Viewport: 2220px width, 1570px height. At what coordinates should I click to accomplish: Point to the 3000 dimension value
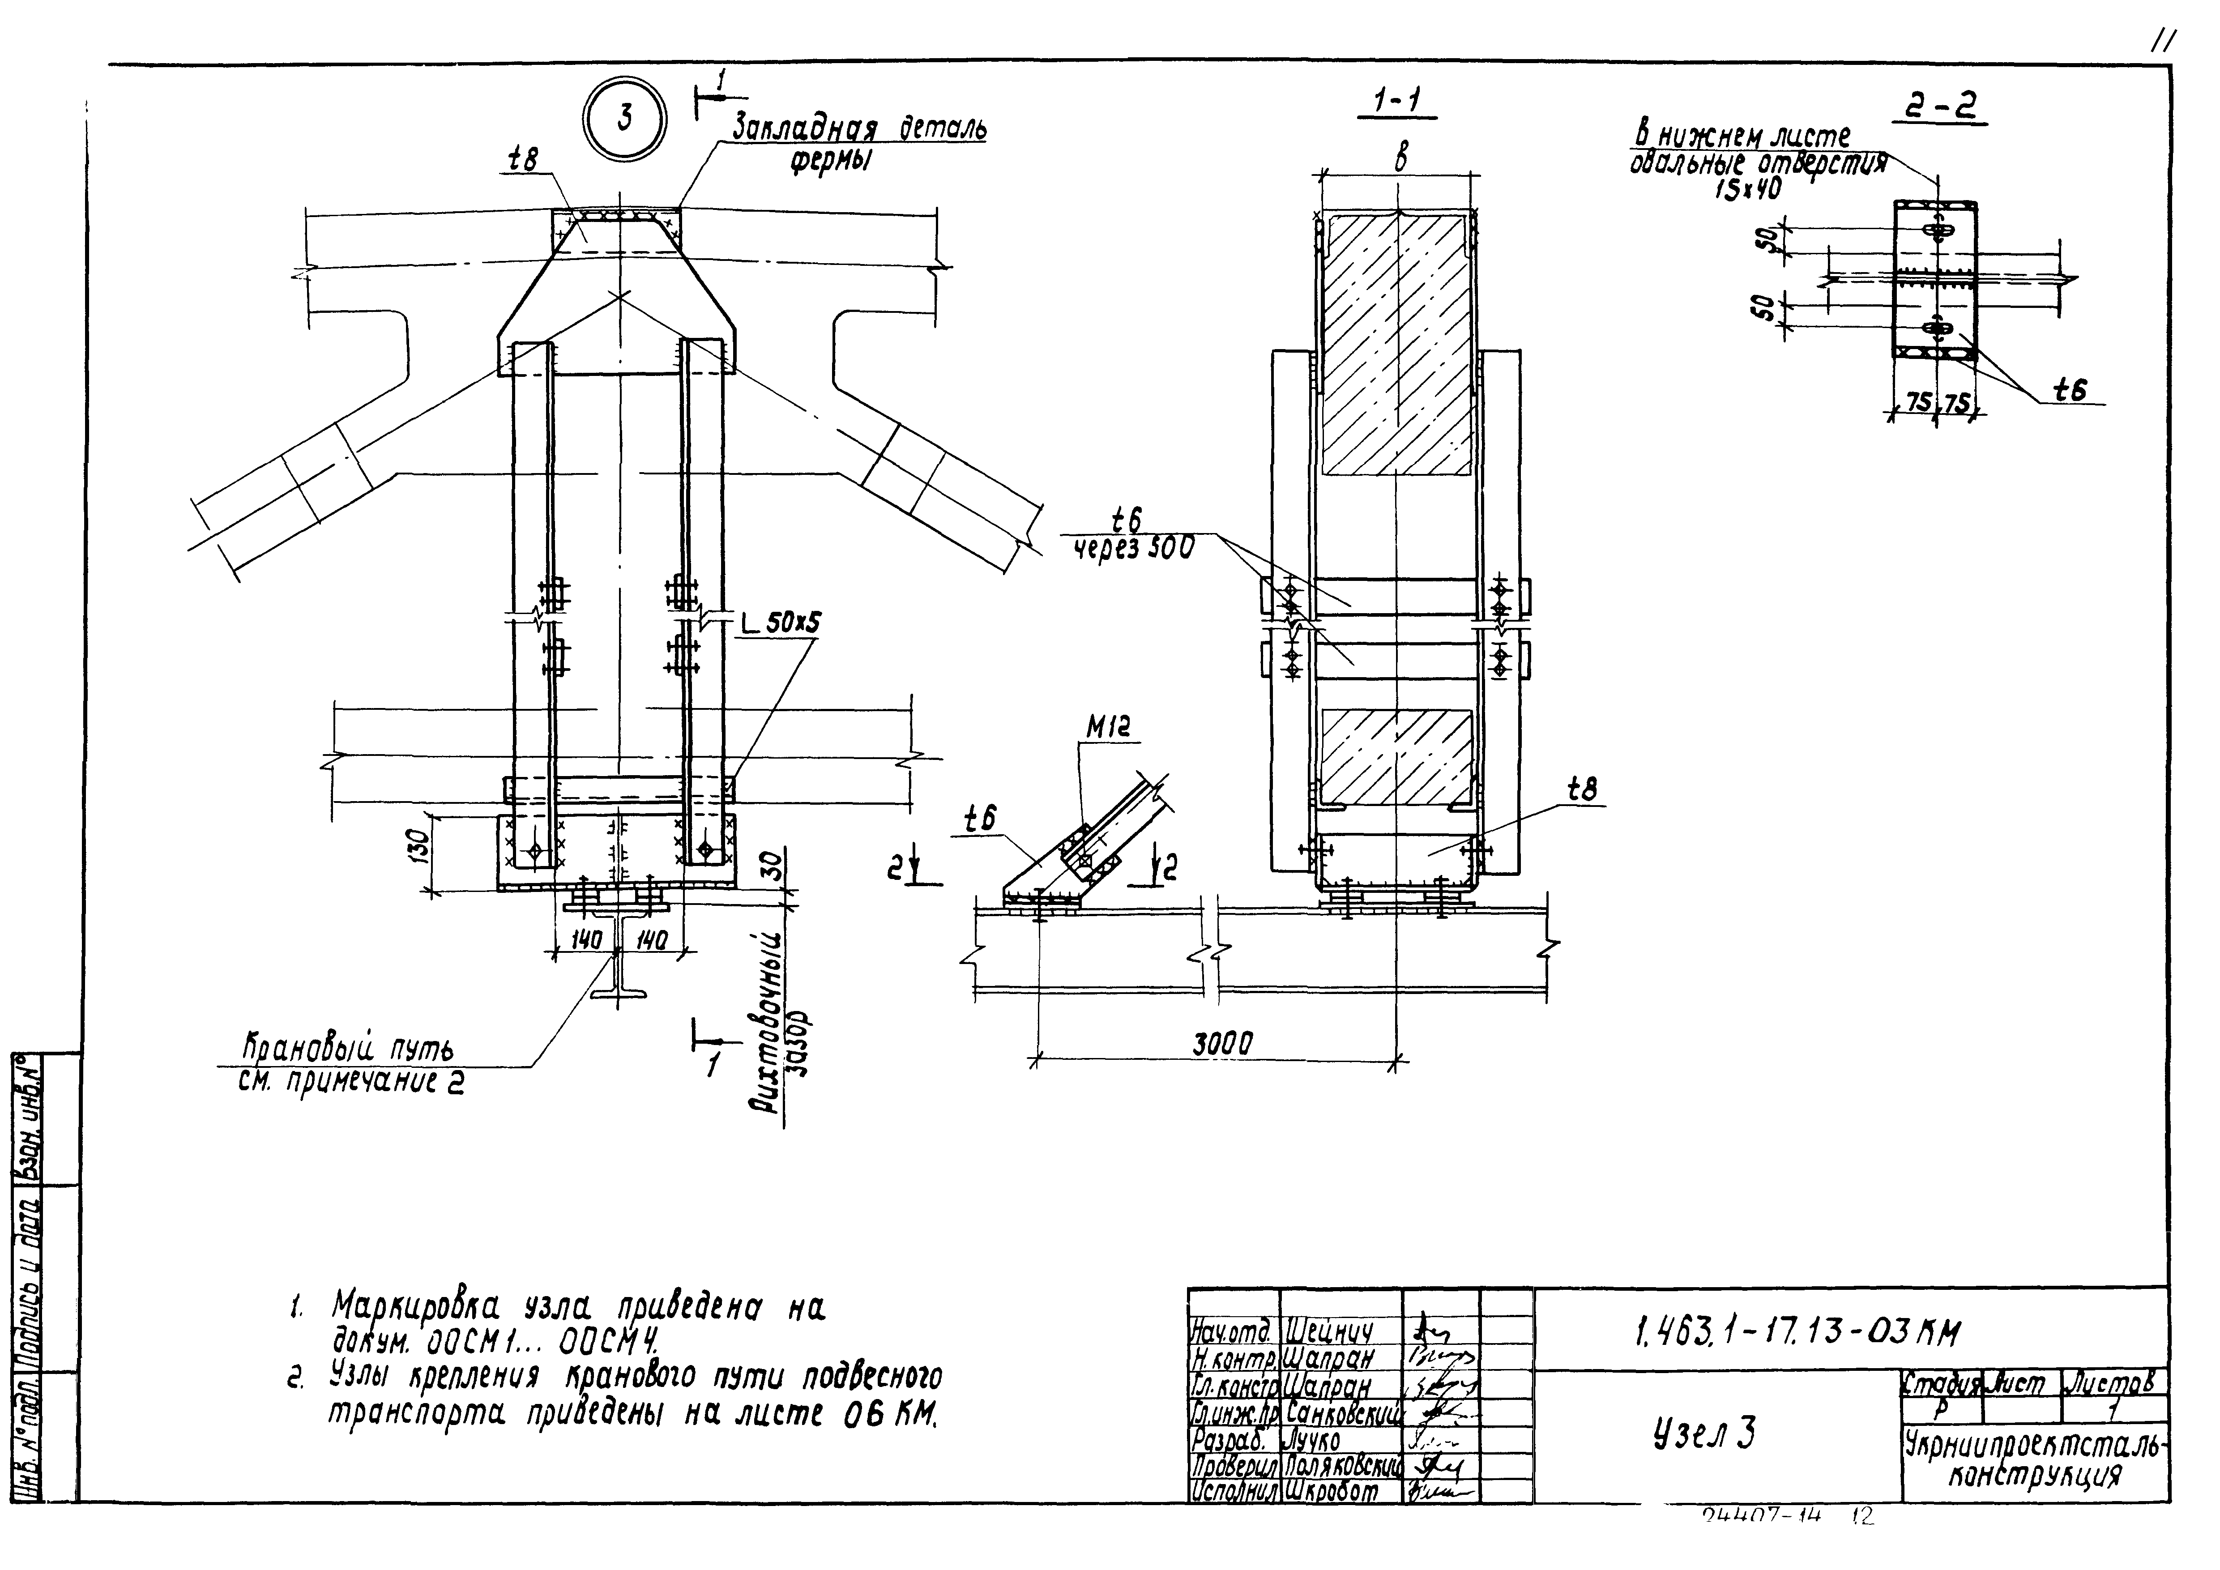pyautogui.click(x=1221, y=1044)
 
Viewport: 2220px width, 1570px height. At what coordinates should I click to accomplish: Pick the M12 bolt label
pyautogui.click(x=1108, y=727)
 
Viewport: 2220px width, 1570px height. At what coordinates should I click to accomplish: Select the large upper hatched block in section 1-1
pyautogui.click(x=1397, y=344)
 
